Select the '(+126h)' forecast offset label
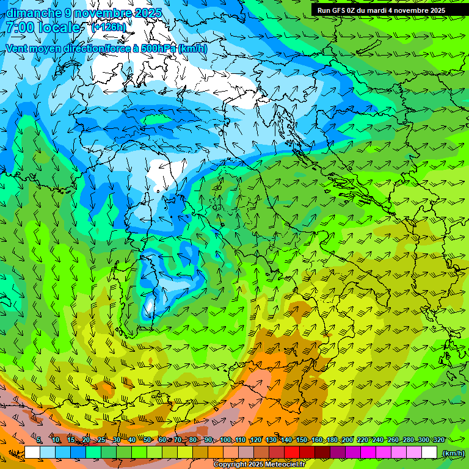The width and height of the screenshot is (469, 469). click(108, 27)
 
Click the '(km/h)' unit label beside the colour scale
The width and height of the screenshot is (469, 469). click(453, 453)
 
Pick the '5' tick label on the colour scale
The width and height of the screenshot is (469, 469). click(39, 440)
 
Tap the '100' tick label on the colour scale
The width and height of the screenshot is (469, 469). click(225, 440)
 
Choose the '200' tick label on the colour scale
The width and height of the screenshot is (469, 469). click(347, 440)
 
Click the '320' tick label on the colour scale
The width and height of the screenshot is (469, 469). click(438, 440)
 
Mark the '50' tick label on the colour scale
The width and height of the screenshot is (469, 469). click(147, 440)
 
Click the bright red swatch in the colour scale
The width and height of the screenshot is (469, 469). click(292, 453)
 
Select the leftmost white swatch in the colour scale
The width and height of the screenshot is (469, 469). click(32, 453)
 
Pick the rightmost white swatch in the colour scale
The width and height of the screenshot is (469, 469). click(429, 453)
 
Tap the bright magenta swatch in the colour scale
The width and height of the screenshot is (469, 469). click(368, 453)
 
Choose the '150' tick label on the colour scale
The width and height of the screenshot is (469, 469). click(302, 440)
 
